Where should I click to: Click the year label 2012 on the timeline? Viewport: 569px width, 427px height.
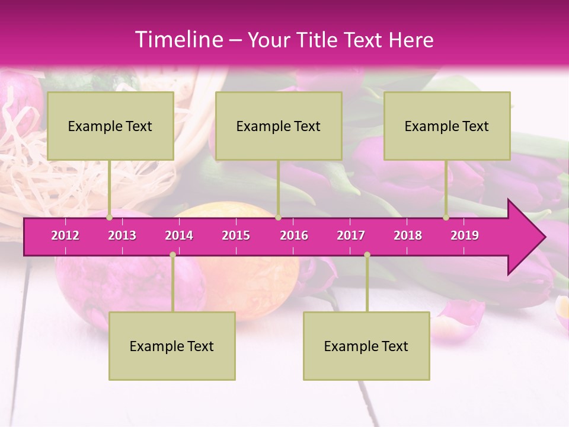point(65,235)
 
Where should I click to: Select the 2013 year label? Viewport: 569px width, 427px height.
point(122,235)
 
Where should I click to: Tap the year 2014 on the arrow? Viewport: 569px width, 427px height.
point(179,235)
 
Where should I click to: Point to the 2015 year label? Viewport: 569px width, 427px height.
point(236,235)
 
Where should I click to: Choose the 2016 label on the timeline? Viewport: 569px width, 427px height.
point(294,235)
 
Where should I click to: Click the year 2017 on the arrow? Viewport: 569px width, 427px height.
point(351,235)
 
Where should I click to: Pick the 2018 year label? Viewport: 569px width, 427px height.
point(408,235)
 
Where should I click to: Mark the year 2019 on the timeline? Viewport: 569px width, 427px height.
point(465,235)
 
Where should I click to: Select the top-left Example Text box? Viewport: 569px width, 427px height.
point(110,126)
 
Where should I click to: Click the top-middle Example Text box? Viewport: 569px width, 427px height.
point(279,126)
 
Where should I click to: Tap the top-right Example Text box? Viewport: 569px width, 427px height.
point(447,126)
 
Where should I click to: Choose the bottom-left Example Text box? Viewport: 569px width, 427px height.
point(172,346)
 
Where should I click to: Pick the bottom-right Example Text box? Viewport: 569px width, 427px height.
point(366,346)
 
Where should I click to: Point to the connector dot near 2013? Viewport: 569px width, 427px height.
point(110,218)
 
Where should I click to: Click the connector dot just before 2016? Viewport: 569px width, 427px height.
point(278,218)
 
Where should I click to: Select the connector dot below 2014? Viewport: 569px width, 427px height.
point(172,255)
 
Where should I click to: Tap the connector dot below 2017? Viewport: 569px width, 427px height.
point(367,255)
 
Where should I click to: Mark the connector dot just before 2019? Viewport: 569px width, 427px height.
point(446,218)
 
